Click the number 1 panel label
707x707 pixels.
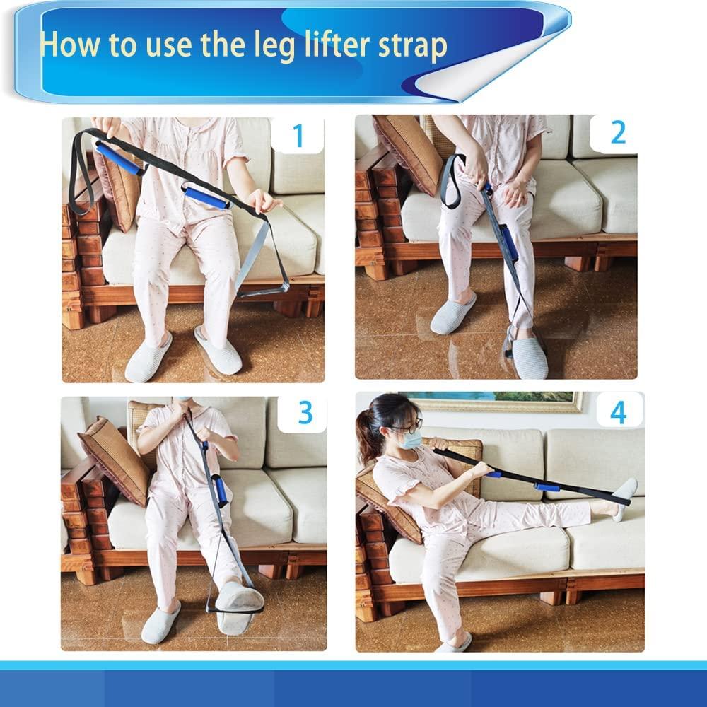(298, 135)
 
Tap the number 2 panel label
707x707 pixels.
(617, 132)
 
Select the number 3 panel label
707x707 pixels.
(305, 412)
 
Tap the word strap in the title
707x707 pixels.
(412, 47)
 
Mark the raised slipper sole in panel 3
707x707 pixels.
(239, 607)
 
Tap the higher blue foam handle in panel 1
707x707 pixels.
(118, 158)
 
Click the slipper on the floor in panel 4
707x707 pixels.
(452, 644)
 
